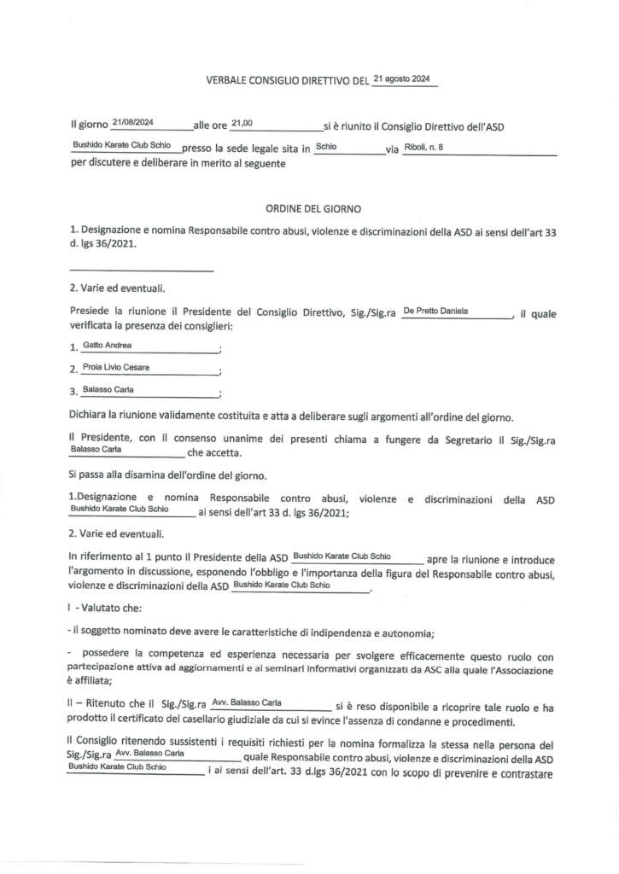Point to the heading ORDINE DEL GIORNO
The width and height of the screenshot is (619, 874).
[x=313, y=208]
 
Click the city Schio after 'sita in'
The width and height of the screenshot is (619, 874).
[x=326, y=147]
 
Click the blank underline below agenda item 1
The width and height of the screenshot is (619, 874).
[x=141, y=271]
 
